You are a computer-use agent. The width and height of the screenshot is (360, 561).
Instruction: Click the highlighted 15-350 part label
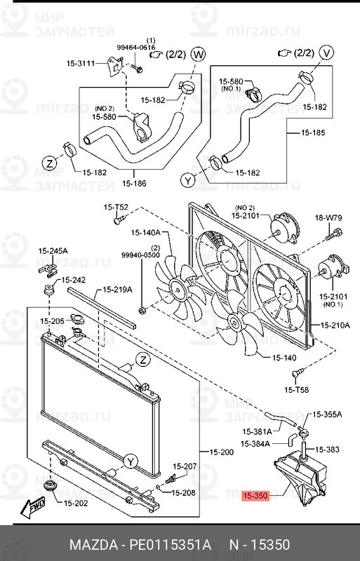click(255, 496)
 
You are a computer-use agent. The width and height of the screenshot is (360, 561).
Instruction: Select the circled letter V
click(326, 52)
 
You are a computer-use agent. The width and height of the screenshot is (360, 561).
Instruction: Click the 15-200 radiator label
click(221, 452)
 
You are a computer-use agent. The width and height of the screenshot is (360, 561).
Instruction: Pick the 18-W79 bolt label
click(328, 217)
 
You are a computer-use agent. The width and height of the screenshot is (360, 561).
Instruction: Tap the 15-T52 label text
click(116, 207)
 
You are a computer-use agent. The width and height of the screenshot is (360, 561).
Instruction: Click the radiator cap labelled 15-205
click(77, 318)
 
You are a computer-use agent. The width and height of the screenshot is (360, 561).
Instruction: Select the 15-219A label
click(117, 290)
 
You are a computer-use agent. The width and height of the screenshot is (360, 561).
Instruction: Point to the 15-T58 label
click(296, 390)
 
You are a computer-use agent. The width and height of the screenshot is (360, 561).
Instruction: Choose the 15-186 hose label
click(134, 184)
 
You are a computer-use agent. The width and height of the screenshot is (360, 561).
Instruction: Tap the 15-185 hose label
click(313, 133)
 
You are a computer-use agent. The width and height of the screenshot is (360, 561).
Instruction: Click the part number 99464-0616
click(136, 47)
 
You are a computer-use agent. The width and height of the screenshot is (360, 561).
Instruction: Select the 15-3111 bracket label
click(81, 63)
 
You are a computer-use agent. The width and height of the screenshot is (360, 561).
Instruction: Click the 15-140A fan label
click(145, 233)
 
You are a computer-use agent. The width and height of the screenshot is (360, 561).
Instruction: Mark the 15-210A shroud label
click(335, 325)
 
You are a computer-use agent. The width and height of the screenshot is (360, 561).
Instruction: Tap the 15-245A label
click(53, 251)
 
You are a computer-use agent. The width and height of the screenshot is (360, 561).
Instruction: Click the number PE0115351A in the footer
click(170, 545)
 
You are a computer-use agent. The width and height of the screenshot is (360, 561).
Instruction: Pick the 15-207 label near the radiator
click(185, 466)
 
